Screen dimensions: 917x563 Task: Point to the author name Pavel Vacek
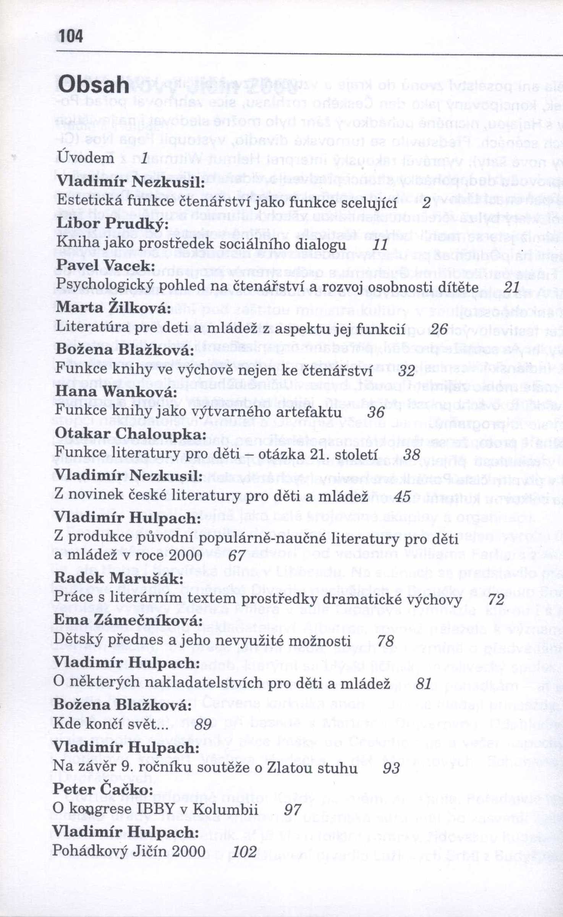point(105,265)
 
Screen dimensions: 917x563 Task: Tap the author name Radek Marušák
point(116,578)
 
